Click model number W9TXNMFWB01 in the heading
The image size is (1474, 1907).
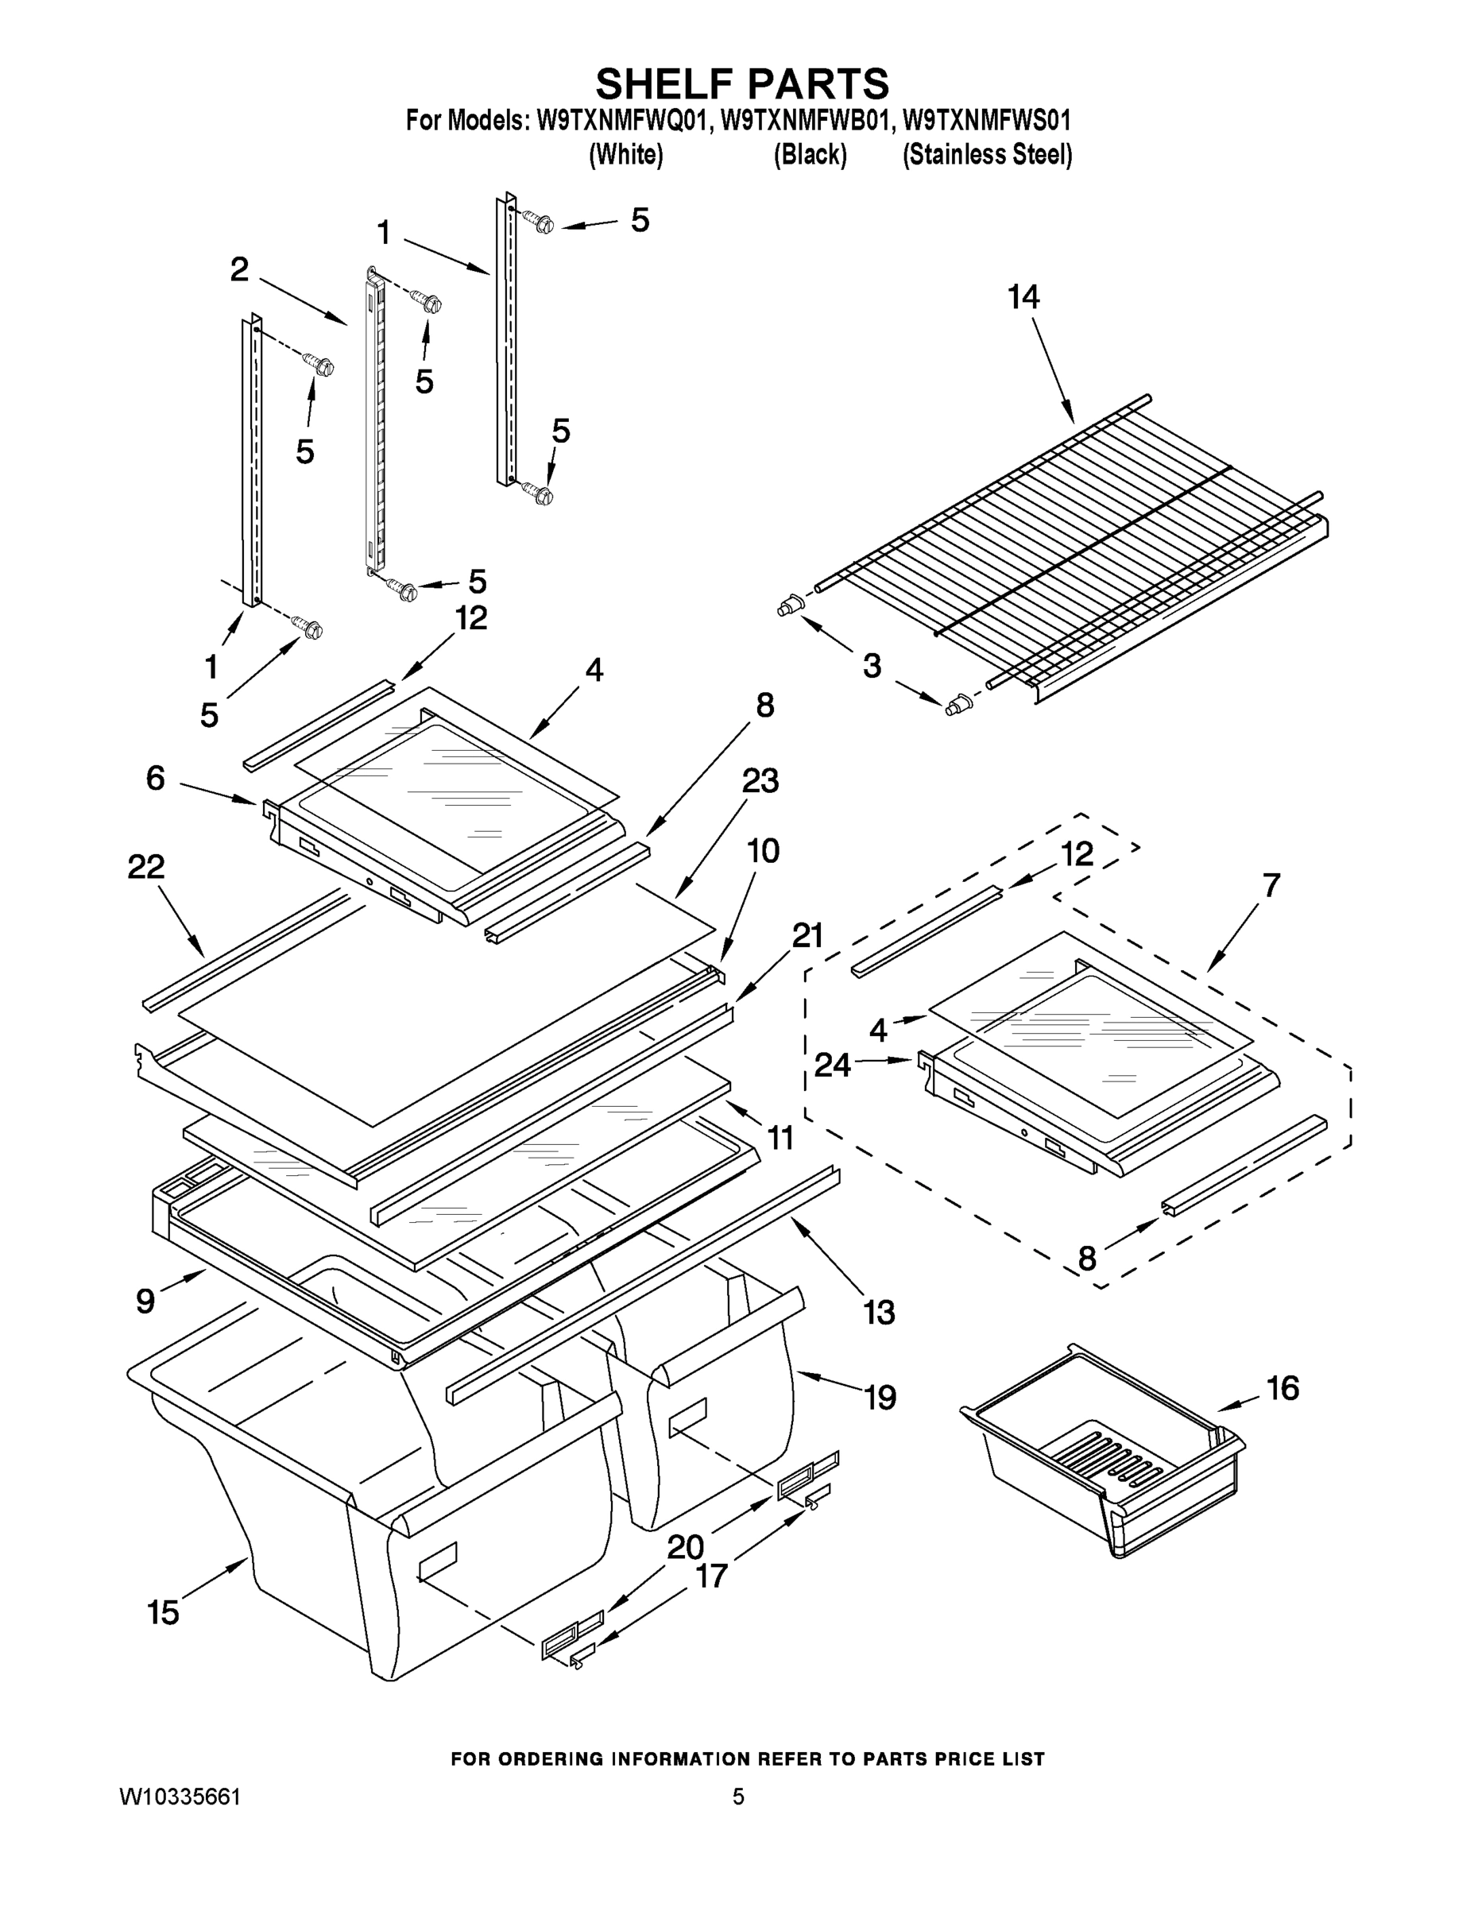point(805,120)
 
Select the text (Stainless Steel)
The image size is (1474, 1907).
point(987,156)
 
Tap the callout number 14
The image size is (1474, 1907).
point(1023,298)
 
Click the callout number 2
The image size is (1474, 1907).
point(239,270)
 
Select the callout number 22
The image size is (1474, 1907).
point(146,867)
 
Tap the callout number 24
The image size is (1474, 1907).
point(832,1065)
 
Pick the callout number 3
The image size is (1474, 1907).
point(872,666)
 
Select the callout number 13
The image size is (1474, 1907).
point(880,1312)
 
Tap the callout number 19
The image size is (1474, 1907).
point(880,1398)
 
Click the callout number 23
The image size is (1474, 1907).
point(760,780)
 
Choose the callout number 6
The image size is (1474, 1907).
point(156,778)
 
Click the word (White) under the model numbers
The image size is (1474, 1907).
point(626,156)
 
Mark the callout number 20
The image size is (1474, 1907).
point(686,1547)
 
